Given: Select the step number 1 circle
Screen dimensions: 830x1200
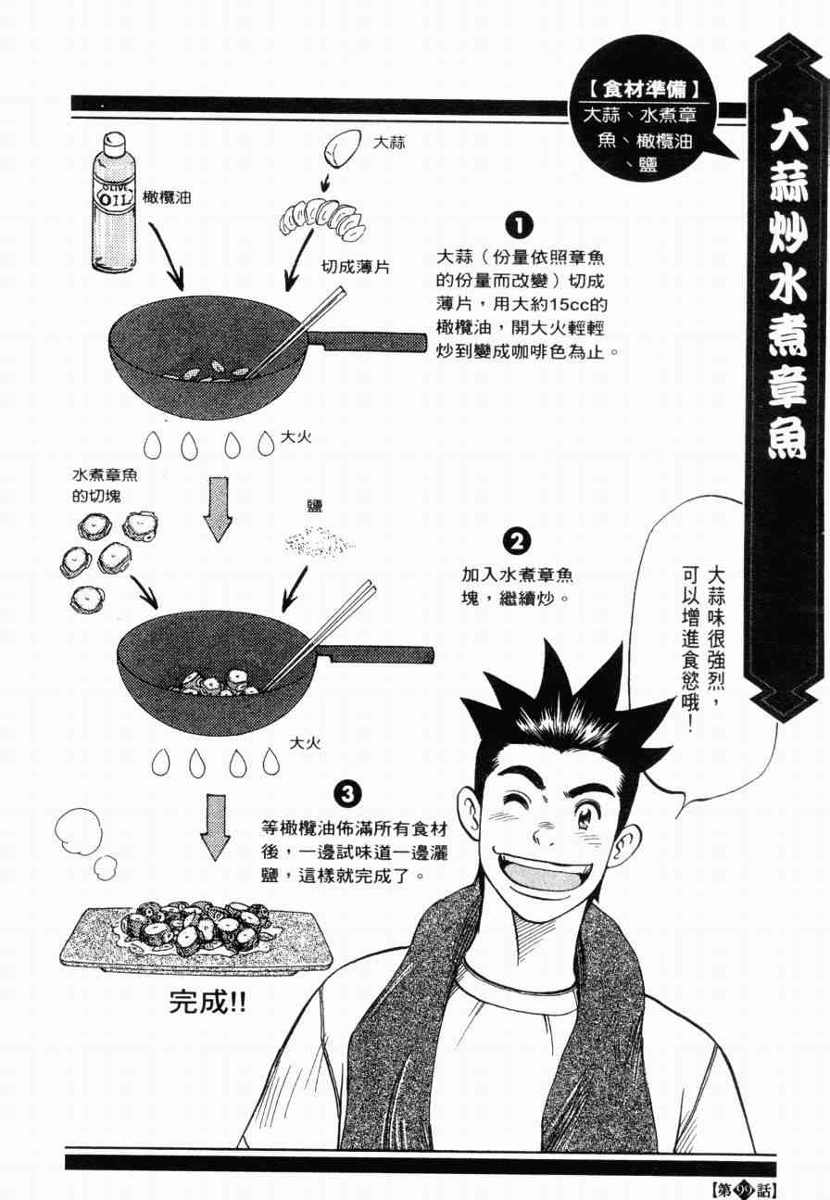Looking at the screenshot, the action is [520, 227].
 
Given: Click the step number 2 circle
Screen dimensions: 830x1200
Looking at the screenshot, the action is [517, 542].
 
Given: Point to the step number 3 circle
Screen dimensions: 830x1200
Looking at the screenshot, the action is [348, 794].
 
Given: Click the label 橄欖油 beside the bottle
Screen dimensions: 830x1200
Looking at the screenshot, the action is [167, 197].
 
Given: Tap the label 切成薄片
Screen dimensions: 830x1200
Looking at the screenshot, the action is [355, 267].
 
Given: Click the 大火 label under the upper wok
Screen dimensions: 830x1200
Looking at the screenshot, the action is [296, 437].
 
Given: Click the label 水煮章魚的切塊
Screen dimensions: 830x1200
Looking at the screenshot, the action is [105, 486].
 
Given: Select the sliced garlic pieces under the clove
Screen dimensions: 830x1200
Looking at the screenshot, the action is [322, 219].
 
